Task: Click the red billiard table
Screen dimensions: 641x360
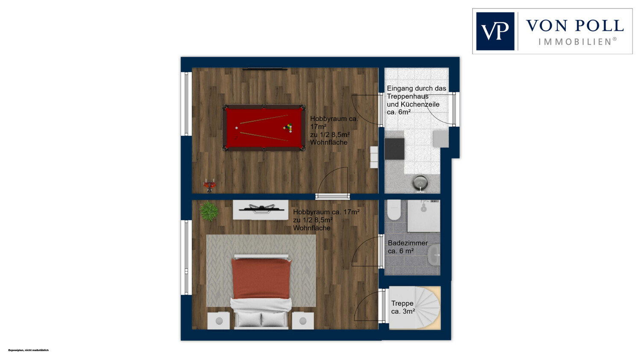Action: point(264,128)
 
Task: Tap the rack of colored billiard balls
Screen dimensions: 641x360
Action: point(288,128)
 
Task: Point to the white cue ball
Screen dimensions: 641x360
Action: point(237,128)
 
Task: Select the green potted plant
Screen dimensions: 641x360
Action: point(209,211)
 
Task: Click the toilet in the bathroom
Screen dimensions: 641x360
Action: point(394,210)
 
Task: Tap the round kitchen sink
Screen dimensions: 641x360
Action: point(420,182)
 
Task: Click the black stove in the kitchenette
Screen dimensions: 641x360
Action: point(394,149)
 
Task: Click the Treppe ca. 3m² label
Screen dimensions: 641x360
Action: point(403,307)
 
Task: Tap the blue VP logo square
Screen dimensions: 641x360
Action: point(495,31)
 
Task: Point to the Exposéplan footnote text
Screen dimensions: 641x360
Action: point(28,350)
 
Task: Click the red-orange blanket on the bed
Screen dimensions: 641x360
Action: point(261,278)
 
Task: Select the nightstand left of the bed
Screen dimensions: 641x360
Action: point(219,321)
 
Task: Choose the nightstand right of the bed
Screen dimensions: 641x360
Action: point(303,321)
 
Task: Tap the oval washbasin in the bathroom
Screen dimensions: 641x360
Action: point(434,255)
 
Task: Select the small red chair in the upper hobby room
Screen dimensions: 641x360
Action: point(210,185)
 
